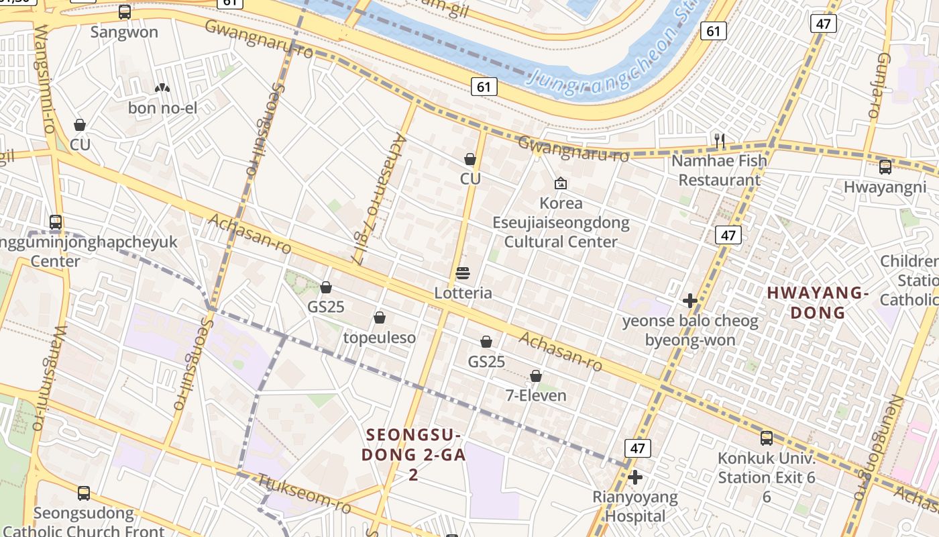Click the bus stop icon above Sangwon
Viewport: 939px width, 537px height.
[x=125, y=12]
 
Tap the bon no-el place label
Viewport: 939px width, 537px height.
[x=162, y=107]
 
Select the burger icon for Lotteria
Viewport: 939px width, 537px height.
[x=463, y=273]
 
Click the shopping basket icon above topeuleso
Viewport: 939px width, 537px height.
[x=380, y=318]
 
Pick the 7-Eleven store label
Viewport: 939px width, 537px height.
[x=535, y=395]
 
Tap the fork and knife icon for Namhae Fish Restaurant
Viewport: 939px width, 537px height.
[x=720, y=141]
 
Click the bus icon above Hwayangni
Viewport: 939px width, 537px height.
[x=885, y=167]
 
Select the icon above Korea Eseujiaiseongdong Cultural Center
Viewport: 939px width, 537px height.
[x=561, y=183]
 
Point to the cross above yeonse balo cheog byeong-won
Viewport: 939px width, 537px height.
[x=689, y=301]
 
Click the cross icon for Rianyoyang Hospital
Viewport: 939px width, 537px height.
[x=635, y=477]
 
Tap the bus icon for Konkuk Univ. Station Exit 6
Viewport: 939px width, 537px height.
[x=767, y=438]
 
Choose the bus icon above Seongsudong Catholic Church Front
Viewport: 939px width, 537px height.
[x=84, y=493]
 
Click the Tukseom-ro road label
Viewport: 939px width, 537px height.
[x=305, y=493]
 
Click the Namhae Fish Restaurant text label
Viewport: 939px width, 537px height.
[x=719, y=170]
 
